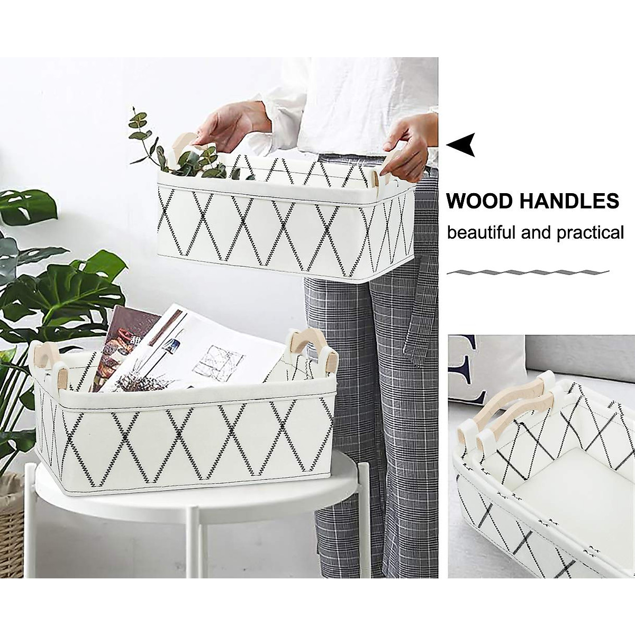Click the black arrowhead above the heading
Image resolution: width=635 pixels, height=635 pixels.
[461, 144]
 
